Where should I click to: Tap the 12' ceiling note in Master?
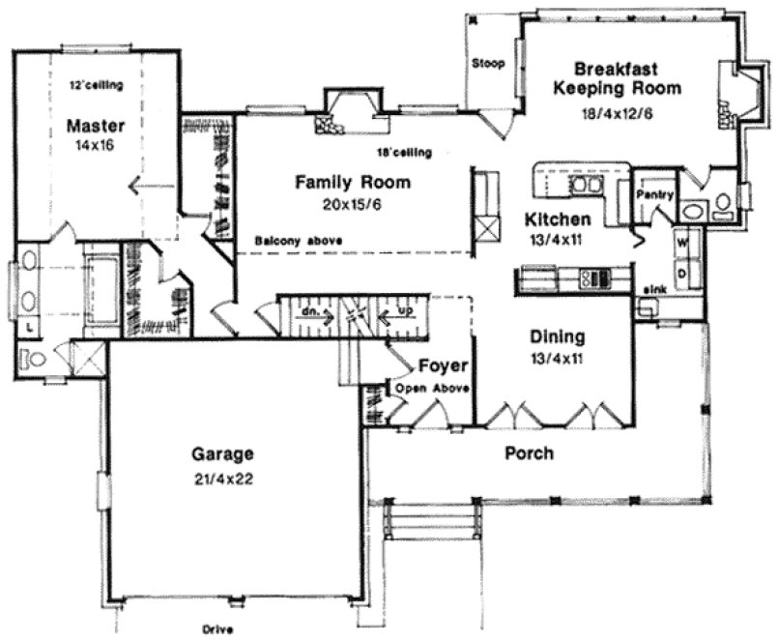96,86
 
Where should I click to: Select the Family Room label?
353,182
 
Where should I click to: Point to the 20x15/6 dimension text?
354,204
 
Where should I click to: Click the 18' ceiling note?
404,153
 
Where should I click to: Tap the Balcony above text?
289,241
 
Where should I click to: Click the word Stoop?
488,64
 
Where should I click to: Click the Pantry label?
655,194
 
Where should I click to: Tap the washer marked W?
681,241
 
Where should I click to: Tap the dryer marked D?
681,273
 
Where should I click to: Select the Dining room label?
557,337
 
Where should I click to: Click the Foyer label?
444,366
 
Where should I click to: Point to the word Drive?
218,628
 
